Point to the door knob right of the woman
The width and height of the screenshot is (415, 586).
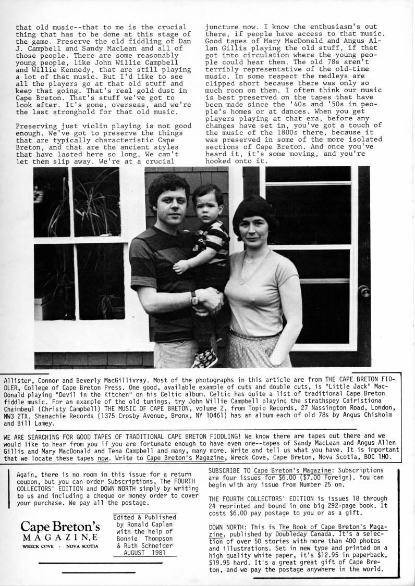[365, 291]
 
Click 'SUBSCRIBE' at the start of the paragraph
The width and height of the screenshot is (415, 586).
[227, 470]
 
